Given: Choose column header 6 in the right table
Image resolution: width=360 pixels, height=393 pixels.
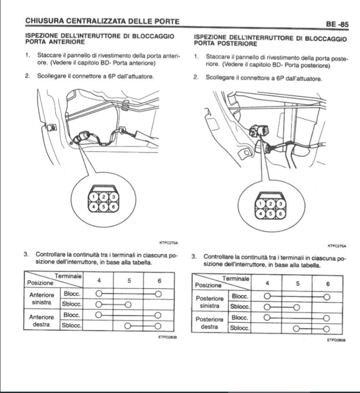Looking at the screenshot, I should (x=328, y=283).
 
